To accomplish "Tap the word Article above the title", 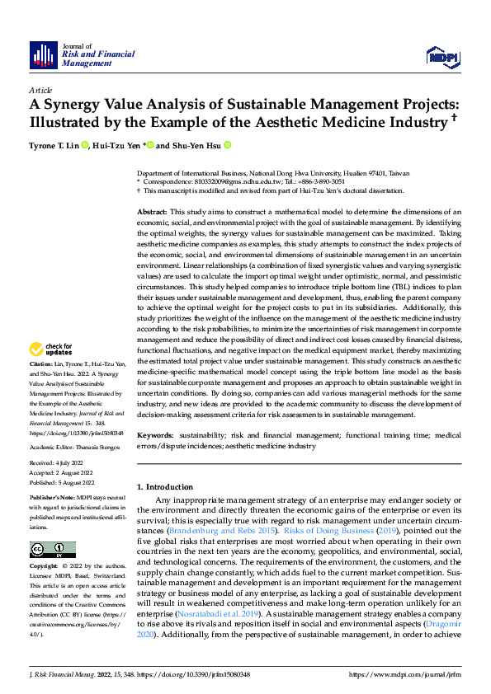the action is [x=40, y=90].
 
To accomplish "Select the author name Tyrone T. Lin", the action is [x=54, y=146].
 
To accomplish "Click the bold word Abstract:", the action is [x=153, y=213].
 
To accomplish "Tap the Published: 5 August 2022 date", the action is [x=64, y=484].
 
